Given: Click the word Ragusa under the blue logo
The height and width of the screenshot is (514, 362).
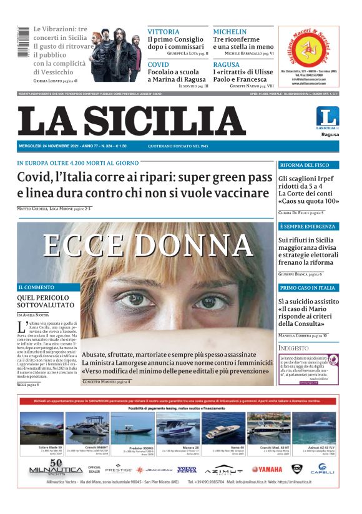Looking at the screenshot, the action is pyautogui.click(x=330, y=134).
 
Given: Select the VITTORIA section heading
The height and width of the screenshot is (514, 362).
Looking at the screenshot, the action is pyautogui.click(x=163, y=31).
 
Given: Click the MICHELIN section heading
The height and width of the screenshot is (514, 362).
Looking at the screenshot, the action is pyautogui.click(x=230, y=31).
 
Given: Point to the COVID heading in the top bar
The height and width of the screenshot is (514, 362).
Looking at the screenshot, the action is pyautogui.click(x=159, y=64).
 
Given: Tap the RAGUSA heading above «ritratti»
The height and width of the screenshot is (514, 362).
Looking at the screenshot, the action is pyautogui.click(x=226, y=64).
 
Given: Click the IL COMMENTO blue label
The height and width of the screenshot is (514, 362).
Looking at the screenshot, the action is pyautogui.click(x=36, y=287).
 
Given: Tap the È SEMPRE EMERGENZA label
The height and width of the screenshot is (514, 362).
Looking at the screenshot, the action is pyautogui.click(x=308, y=225).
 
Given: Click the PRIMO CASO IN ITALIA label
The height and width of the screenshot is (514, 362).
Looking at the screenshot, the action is pyautogui.click(x=308, y=287).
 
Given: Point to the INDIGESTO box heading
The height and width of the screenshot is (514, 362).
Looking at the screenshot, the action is pyautogui.click(x=293, y=348).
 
